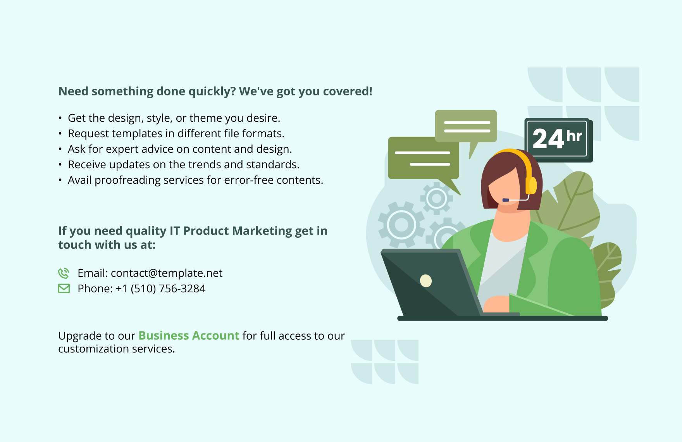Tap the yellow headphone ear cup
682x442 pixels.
(531, 185)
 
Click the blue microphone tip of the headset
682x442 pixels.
(505, 200)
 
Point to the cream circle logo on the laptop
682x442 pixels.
(426, 280)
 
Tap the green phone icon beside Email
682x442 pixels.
(64, 273)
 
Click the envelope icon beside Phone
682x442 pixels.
(64, 288)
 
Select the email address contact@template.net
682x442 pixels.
(167, 273)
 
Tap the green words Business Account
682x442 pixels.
(189, 336)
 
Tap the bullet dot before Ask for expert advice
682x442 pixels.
(60, 149)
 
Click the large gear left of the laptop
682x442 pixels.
(401, 225)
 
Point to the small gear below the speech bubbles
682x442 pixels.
(437, 199)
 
